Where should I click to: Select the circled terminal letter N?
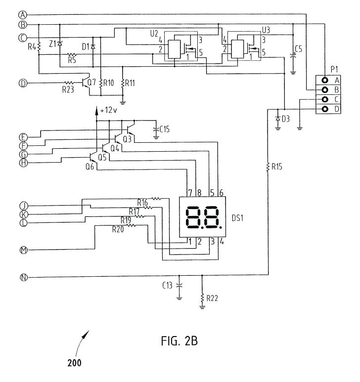tap(23, 277)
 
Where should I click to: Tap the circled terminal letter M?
tap(23, 250)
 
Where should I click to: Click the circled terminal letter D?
tap(23, 83)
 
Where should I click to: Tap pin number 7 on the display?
tap(189, 192)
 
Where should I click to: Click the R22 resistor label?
tap(212, 298)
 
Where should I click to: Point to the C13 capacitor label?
tap(168, 285)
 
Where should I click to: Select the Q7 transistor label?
tap(91, 82)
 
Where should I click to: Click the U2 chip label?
tap(154, 36)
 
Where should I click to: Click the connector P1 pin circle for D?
tap(324, 109)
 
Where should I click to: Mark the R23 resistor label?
tap(68, 89)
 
